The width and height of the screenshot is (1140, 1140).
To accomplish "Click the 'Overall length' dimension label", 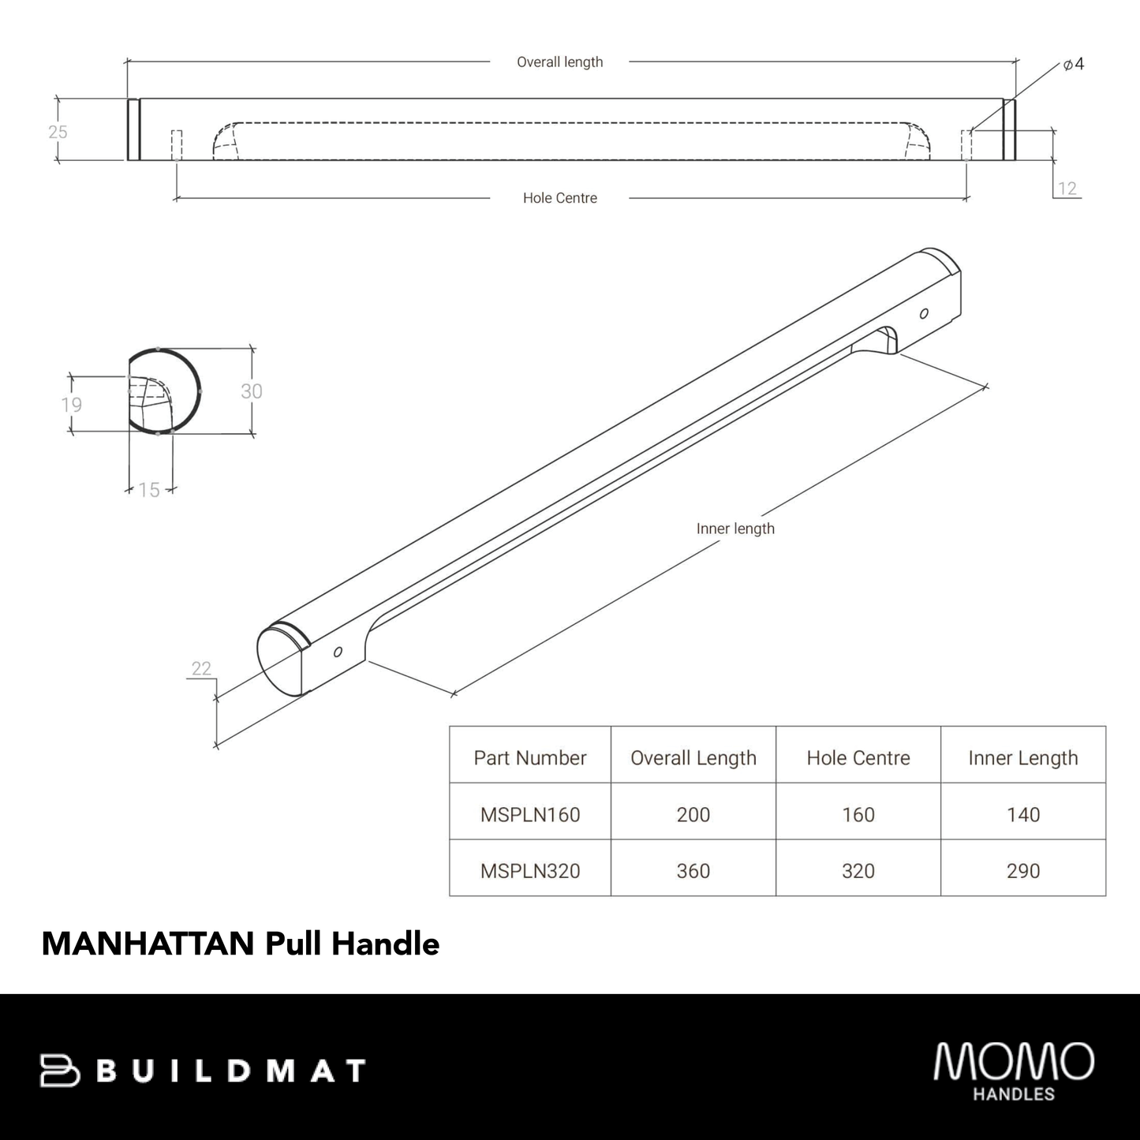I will [x=559, y=62].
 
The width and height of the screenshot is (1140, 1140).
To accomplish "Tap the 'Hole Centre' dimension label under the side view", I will [x=559, y=198].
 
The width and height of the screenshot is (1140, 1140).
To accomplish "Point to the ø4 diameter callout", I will [x=1073, y=65].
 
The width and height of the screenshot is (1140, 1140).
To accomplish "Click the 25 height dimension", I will [x=58, y=132].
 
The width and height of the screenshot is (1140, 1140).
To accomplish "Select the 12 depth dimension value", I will [x=1067, y=188].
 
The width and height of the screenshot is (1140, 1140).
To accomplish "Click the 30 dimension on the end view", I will [x=251, y=391].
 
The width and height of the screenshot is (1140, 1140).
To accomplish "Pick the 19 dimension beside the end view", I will [x=71, y=405].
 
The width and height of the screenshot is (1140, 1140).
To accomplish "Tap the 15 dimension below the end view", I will [x=149, y=490].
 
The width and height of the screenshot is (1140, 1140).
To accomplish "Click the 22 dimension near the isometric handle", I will [x=201, y=668].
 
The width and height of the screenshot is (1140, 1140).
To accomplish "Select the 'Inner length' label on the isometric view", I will [x=735, y=529].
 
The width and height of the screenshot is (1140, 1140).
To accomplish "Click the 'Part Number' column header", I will [x=530, y=758].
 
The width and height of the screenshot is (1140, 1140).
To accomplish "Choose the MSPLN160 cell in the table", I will [x=530, y=814].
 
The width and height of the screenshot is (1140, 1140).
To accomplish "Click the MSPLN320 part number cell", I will [x=530, y=871].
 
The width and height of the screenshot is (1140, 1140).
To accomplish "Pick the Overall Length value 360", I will [x=693, y=871].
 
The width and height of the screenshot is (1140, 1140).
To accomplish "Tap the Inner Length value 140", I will [x=1022, y=814].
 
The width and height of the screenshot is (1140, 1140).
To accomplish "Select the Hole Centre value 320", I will [x=858, y=871].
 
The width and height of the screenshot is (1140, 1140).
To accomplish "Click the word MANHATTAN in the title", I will [x=148, y=944].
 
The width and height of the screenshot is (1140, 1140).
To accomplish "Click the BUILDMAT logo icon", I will [x=60, y=1071].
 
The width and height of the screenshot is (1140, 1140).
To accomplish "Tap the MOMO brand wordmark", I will [x=1014, y=1062].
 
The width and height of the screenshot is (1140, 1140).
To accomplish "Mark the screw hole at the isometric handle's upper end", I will [x=924, y=313].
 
